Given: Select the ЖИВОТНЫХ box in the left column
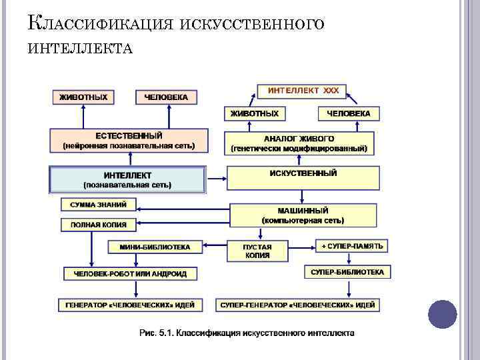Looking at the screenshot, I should (x=83, y=97).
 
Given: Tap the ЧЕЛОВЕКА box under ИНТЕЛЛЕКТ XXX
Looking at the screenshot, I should (x=349, y=114).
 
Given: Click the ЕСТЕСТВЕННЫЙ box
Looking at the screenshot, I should (x=129, y=140).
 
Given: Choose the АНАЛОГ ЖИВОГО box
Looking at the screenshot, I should (x=299, y=143).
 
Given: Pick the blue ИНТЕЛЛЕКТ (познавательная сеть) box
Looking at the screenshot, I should (x=127, y=179).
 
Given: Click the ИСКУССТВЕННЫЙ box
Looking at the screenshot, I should (x=303, y=177).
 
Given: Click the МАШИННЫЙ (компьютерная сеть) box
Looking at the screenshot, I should (x=303, y=215).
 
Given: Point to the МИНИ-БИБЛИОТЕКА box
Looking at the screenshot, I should (x=155, y=247).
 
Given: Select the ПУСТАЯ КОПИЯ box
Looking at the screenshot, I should (x=257, y=251).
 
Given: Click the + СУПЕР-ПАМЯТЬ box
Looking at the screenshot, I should (x=352, y=246).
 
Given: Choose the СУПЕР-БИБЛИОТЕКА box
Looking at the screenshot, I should (x=347, y=272).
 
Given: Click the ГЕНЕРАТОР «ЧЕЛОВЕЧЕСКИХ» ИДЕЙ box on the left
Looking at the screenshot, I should (x=130, y=305).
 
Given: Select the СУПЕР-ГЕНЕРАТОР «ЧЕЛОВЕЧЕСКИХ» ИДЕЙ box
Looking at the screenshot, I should (x=299, y=305).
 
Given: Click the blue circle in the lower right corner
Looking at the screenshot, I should (x=441, y=313).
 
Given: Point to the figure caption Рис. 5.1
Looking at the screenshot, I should (x=247, y=332).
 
